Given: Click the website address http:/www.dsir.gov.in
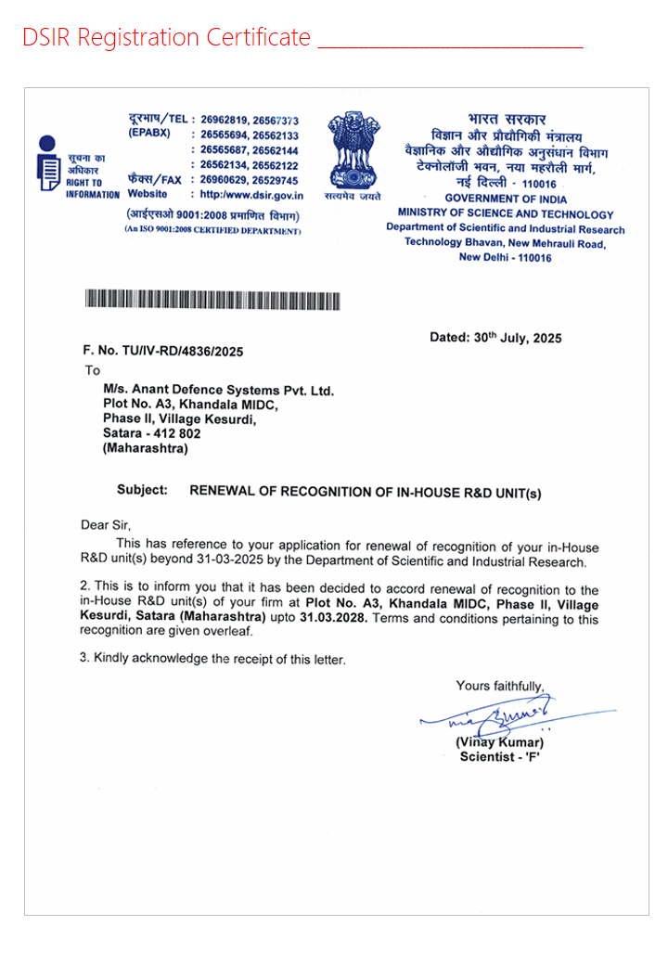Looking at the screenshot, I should point(251,195).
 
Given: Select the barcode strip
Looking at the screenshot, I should point(212,300).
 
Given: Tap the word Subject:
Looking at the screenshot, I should point(142,490).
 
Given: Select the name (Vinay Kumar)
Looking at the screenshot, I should point(499,742).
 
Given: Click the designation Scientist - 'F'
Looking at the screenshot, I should point(500,757).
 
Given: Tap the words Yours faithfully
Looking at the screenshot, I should point(499,686).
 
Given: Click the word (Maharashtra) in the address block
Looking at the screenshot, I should point(146,448).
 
